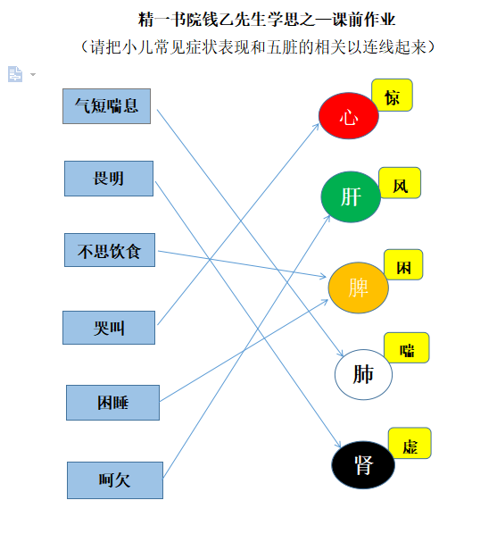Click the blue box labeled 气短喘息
(x=106, y=106)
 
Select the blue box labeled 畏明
(x=109, y=179)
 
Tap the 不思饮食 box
(x=110, y=250)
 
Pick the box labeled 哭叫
(x=109, y=328)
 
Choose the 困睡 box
(x=113, y=403)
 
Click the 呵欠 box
(x=115, y=480)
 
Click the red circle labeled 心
(x=349, y=116)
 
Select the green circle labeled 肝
(x=351, y=196)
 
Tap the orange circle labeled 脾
(x=358, y=288)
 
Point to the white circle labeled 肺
(x=363, y=374)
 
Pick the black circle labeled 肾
(x=363, y=464)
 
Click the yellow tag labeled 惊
(x=392, y=95)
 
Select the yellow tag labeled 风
(x=400, y=183)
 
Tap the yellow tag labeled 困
(x=403, y=264)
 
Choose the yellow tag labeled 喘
(x=407, y=347)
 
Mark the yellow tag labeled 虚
(x=410, y=443)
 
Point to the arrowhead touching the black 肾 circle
(x=338, y=445)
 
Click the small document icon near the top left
(x=15, y=74)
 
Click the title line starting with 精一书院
(x=267, y=20)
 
